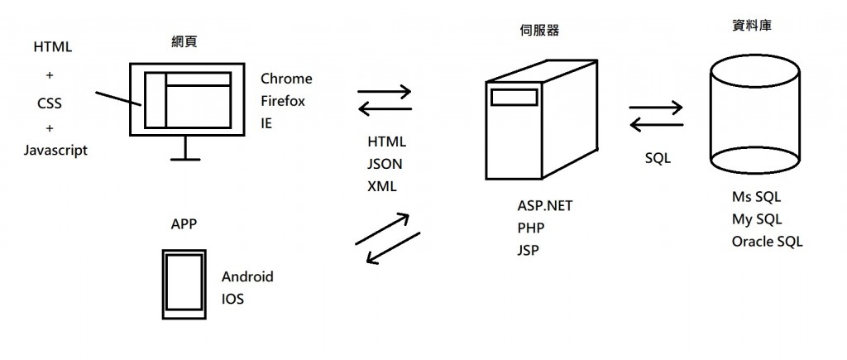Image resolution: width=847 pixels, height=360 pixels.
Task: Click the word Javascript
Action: pyautogui.click(x=56, y=151)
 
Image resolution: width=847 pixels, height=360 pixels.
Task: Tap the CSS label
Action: pyautogui.click(x=50, y=104)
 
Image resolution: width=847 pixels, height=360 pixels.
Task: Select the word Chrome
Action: pyautogui.click(x=286, y=79)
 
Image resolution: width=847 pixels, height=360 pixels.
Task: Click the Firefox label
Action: pyautogui.click(x=283, y=102)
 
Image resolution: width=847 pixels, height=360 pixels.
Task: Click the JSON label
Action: pyautogui.click(x=385, y=164)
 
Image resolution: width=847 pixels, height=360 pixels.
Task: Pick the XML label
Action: pyautogui.click(x=382, y=186)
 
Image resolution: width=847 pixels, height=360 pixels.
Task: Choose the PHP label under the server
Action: pyautogui.click(x=531, y=228)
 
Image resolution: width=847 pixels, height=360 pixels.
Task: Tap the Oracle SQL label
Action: pyautogui.click(x=767, y=242)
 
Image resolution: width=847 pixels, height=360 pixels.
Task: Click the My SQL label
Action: pyautogui.click(x=756, y=219)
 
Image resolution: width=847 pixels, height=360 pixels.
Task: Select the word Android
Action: pyautogui.click(x=247, y=276)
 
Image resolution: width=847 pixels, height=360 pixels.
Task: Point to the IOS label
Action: pyautogui.click(x=232, y=299)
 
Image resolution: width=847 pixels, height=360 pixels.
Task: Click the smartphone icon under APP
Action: pyautogui.click(x=183, y=283)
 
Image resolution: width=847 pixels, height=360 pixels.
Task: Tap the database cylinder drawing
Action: pyautogui.click(x=755, y=116)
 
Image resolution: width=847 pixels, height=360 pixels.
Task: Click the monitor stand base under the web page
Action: pyautogui.click(x=185, y=158)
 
